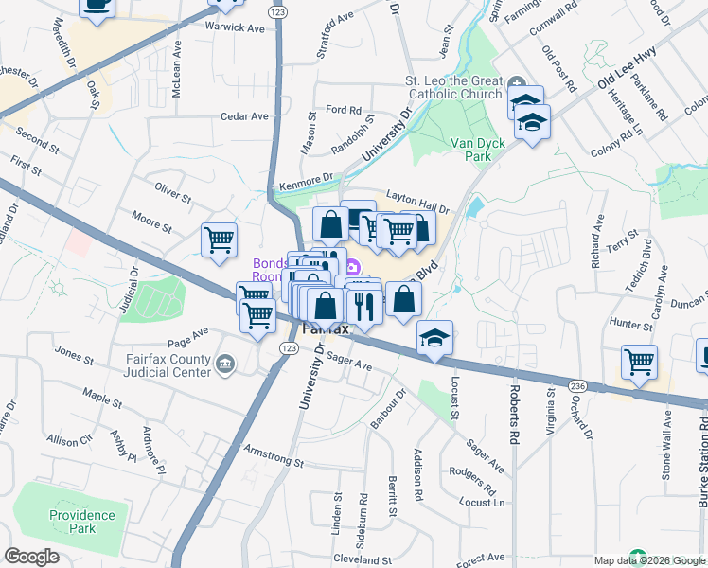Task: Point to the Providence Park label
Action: point(83,523)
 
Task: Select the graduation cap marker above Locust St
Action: point(434,338)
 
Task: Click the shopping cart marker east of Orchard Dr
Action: point(640,362)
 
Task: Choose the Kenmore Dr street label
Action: point(309,178)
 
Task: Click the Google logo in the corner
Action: point(31,557)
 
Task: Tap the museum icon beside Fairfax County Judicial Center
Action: point(225,364)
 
